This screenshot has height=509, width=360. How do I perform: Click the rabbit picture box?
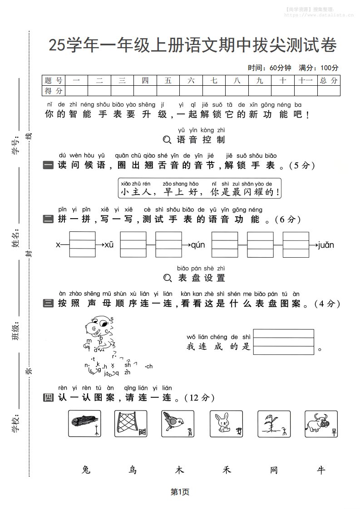tap(226, 424)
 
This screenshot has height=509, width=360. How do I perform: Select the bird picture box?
tap(178, 424)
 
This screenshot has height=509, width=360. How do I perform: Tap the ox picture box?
tap(321, 424)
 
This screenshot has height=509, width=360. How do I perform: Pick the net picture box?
tap(131, 424)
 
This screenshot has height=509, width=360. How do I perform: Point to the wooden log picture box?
tap(84, 424)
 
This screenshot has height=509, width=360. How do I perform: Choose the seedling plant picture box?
tap(274, 424)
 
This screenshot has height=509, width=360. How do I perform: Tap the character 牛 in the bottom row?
tap(321, 470)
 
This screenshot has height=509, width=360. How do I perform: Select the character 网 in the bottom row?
tap(274, 470)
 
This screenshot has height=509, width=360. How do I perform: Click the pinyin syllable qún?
tap(198, 245)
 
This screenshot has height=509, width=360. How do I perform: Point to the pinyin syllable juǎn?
tap(326, 245)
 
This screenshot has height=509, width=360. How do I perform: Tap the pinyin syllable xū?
tap(109, 245)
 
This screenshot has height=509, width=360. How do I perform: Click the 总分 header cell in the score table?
tap(329, 81)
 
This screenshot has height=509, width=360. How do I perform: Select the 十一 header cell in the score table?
tap(306, 81)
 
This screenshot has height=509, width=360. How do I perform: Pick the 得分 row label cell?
tap(54, 91)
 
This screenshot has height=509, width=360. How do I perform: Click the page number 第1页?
tap(180, 491)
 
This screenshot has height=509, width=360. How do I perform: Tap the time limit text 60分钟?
tap(280, 68)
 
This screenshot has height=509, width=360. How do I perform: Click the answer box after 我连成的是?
tap(284, 342)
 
